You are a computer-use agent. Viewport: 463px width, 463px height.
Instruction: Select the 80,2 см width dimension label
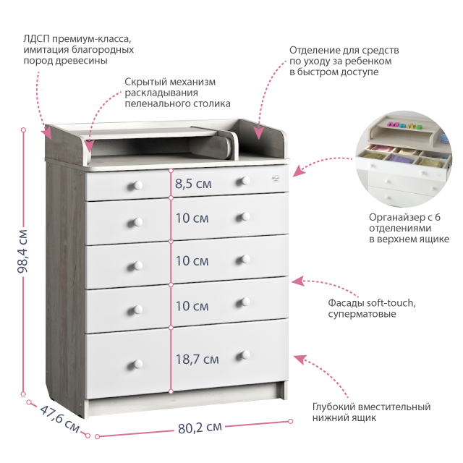(200, 427)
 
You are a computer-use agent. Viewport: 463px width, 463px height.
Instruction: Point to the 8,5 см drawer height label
(193, 183)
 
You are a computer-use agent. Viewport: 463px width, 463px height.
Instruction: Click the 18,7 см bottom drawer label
(197, 358)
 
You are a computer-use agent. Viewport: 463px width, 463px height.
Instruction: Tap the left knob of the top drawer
(133, 185)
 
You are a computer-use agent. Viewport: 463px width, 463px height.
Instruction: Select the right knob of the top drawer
(245, 180)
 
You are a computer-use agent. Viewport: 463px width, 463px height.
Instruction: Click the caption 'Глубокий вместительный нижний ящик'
(371, 412)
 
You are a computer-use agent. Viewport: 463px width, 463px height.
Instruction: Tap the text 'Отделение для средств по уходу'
(344, 61)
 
